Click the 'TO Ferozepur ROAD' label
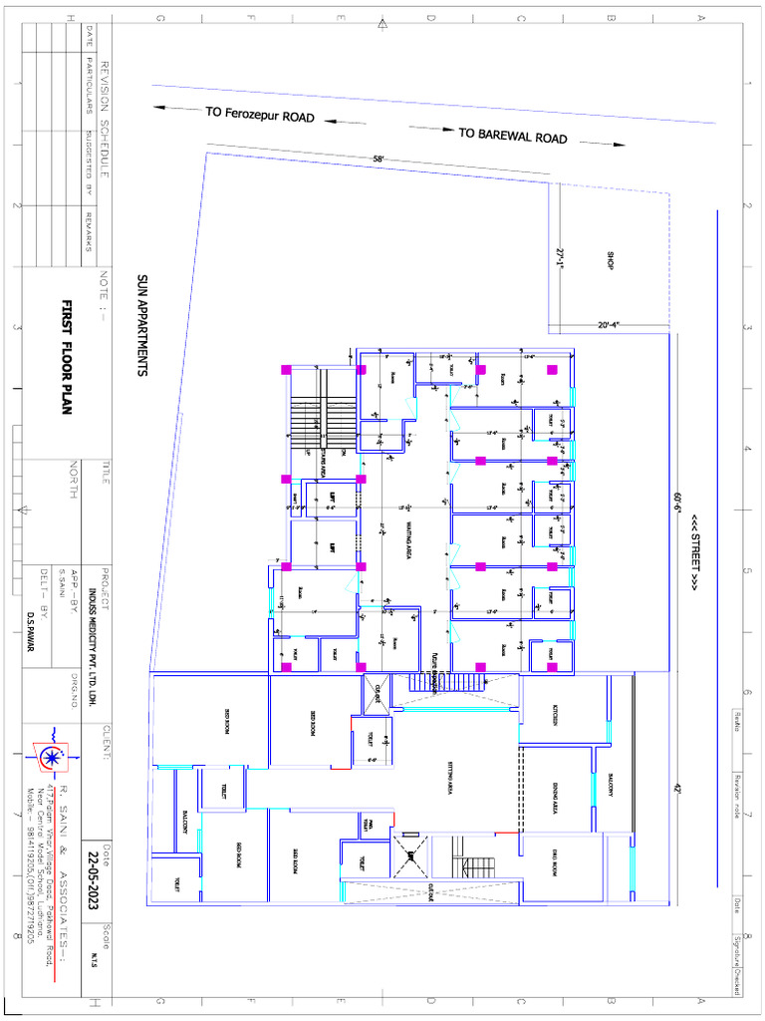click(260, 115)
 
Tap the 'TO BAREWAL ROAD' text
click(513, 135)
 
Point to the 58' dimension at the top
click(379, 159)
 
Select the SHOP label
click(610, 260)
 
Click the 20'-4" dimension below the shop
click(610, 325)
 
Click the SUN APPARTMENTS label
click(141, 325)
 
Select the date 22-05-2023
click(95, 873)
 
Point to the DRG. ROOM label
click(556, 861)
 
